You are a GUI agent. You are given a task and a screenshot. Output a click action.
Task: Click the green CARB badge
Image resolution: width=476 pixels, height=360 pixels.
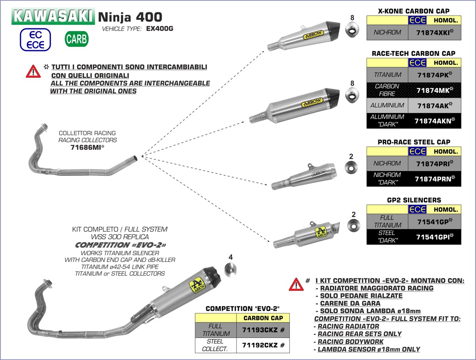click(x=76, y=39)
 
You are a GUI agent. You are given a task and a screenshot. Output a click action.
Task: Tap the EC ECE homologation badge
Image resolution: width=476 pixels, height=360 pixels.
click(x=35, y=39)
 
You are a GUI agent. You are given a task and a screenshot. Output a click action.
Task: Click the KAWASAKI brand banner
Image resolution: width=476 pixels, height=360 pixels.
click(x=53, y=17)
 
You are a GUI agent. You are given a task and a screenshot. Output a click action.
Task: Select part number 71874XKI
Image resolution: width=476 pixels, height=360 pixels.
click(x=434, y=33)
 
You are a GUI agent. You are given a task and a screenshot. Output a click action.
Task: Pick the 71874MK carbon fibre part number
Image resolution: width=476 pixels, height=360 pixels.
click(x=434, y=90)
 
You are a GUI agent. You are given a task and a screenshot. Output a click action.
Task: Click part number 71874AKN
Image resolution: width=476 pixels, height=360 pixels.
click(x=434, y=121)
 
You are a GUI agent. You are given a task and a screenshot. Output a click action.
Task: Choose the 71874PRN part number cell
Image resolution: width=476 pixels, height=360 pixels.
click(x=434, y=179)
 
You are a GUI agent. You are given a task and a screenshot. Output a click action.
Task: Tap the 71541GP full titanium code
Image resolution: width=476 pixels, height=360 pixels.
click(x=434, y=221)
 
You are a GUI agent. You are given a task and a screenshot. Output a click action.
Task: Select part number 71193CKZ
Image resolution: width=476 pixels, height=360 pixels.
click(x=263, y=330)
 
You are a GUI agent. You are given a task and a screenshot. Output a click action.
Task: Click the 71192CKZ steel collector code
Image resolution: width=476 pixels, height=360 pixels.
click(x=263, y=345)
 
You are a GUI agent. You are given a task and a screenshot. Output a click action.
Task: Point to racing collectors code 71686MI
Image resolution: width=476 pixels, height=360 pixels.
click(x=87, y=147)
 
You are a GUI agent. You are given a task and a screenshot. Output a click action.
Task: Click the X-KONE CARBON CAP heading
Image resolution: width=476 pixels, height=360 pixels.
click(x=414, y=11)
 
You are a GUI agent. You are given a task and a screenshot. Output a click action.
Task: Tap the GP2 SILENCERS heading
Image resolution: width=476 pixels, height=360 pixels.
click(x=414, y=200)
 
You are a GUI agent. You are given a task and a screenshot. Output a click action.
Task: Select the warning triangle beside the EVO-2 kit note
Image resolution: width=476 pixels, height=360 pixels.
click(x=296, y=284)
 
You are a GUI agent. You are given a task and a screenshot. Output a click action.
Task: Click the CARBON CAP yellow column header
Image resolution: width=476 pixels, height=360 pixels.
click(x=263, y=318)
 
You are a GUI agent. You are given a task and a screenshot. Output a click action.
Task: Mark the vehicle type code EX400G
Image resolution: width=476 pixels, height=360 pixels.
click(x=161, y=29)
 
